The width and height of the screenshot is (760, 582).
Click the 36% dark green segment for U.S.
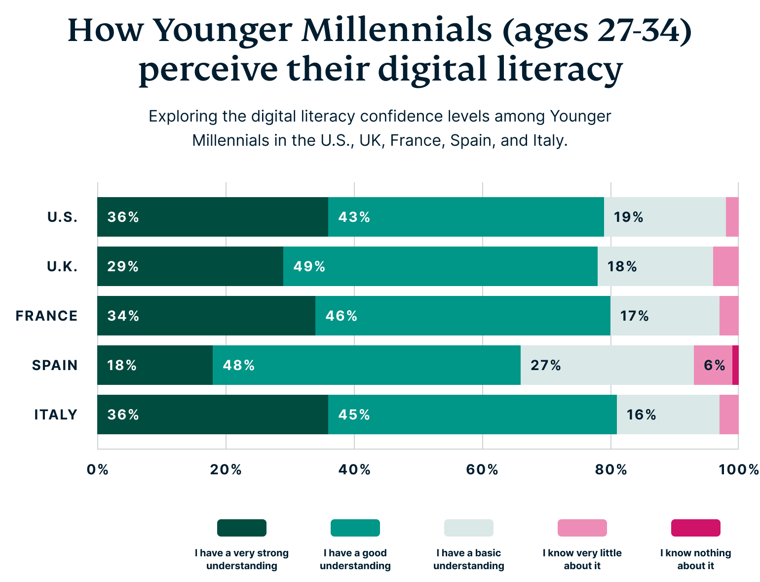(213, 217)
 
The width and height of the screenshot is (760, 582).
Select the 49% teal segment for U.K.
(440, 266)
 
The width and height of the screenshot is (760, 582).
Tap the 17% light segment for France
(665, 316)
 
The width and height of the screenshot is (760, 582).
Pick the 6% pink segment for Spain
(713, 365)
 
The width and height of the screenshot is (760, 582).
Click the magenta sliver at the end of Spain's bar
(735, 365)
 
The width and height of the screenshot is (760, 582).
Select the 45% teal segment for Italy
(472, 415)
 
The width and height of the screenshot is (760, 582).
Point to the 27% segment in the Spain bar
(607, 365)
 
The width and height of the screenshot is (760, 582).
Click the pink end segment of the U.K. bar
(725, 266)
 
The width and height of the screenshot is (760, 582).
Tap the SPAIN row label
(55, 365)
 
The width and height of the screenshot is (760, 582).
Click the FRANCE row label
(47, 316)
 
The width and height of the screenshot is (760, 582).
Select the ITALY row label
(56, 415)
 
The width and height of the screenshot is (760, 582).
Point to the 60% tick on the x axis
(482, 469)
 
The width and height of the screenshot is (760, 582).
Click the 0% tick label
(98, 469)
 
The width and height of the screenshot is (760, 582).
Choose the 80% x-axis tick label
(610, 469)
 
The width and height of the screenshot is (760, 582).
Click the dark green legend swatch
(242, 528)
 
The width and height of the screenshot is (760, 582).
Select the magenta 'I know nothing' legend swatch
(695, 528)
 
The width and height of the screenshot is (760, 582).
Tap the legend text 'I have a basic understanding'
(469, 559)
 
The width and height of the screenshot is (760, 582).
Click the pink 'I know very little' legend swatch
(582, 528)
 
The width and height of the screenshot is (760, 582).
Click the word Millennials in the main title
(397, 31)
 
